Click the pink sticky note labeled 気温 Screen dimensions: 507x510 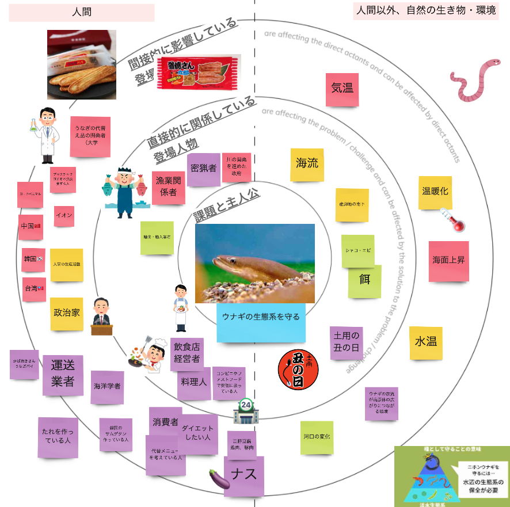(342, 89)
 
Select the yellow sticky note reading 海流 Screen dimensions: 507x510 (307, 165)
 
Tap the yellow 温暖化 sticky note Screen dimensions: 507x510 (435, 192)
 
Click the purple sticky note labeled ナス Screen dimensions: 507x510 (244, 476)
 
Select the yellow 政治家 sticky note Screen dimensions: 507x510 (67, 314)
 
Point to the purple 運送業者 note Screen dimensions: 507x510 (63, 375)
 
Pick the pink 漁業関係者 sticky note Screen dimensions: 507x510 (168, 187)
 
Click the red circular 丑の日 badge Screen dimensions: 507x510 (298, 370)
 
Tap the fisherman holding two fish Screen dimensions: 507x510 (124, 192)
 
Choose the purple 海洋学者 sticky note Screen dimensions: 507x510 (107, 387)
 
